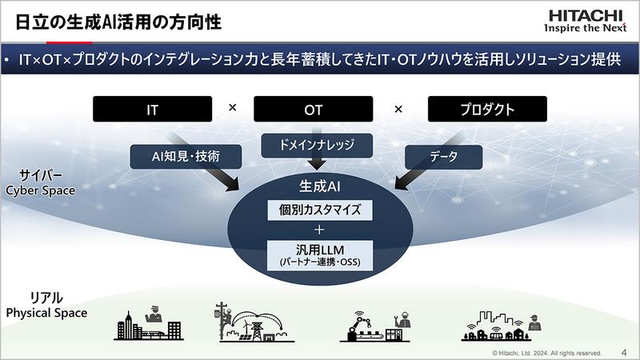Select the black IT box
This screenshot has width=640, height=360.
[x=152, y=109]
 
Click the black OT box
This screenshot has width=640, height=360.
[x=314, y=109]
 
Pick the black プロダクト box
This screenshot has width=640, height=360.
[x=487, y=109]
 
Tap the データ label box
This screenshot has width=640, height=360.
[x=443, y=157]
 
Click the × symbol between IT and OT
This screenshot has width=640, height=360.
[x=233, y=108]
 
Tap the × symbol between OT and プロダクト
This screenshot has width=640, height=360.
[x=398, y=108]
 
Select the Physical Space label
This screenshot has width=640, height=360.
[x=46, y=312]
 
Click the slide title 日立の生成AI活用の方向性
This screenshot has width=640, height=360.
[x=119, y=20]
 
